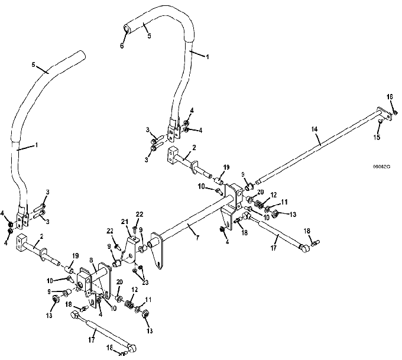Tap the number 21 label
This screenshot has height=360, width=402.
(125, 221)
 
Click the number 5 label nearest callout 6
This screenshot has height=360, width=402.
(148, 35)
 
